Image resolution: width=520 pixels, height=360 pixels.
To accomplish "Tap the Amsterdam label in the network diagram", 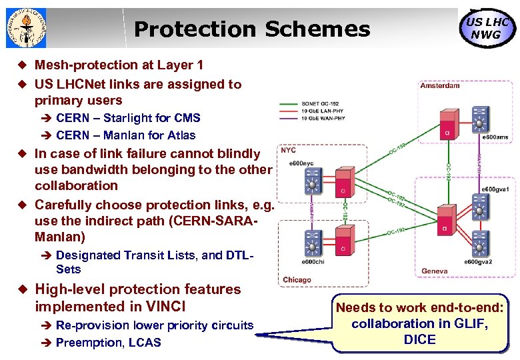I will point(440,85).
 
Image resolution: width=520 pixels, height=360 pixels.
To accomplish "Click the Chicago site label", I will point(297,280).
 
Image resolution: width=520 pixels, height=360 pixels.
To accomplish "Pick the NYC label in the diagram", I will point(288,151).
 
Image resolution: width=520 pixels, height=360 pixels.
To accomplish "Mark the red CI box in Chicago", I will point(342,239).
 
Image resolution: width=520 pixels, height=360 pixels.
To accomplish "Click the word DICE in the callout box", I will point(419,339).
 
